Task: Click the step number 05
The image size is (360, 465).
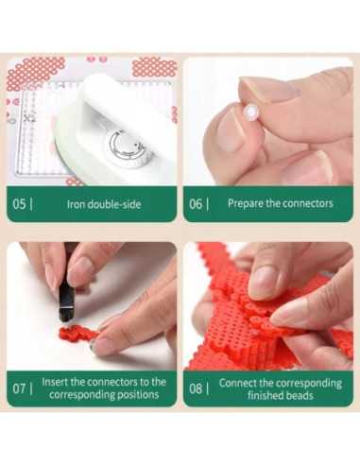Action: pyautogui.click(x=19, y=204)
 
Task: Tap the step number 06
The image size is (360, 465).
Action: pyautogui.click(x=196, y=204)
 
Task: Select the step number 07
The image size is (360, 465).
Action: pyautogui.click(x=19, y=388)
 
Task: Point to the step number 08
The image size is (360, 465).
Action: pyautogui.click(x=196, y=388)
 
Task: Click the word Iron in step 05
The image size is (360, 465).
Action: pyautogui.click(x=76, y=204)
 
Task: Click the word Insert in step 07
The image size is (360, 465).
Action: pyautogui.click(x=55, y=382)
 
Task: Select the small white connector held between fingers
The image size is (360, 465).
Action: pyautogui.click(x=251, y=112)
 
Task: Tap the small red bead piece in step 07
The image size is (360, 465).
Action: pyautogui.click(x=77, y=334)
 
